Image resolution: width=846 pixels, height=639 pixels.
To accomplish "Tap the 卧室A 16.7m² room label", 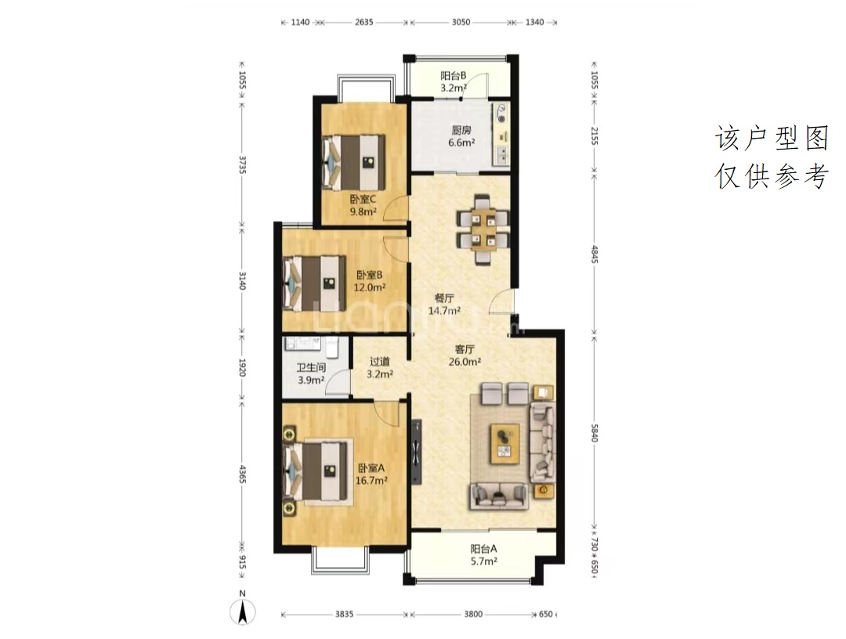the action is click(371, 475).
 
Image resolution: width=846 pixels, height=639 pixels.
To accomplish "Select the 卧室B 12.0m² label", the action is click(370, 281).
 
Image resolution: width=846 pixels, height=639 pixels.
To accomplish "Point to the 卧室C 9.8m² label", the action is click(363, 205).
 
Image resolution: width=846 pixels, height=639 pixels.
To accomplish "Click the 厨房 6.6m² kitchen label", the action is click(461, 136).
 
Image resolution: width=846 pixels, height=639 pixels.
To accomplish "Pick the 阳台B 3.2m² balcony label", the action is click(454, 82).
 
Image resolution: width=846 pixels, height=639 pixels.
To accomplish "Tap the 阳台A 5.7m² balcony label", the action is click(483, 555).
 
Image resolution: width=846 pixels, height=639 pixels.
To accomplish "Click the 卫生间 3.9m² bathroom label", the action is click(311, 374).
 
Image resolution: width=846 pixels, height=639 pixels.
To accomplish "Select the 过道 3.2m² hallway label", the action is click(380, 368).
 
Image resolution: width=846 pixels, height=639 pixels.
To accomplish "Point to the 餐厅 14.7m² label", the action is click(444, 304).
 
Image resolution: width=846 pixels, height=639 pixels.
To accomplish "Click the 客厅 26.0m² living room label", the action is click(465, 356).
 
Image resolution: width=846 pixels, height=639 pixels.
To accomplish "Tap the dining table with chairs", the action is click(483, 229).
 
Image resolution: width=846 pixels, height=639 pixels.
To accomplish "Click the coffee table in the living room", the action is click(505, 443).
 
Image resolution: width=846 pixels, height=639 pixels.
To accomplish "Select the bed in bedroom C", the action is click(353, 162).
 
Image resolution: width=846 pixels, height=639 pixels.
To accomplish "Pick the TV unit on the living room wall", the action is click(417, 452).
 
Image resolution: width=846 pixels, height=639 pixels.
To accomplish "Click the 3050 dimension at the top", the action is click(461, 22).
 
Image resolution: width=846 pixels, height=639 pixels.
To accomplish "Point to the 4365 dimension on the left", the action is click(242, 474).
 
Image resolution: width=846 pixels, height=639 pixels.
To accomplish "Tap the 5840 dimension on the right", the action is click(594, 433).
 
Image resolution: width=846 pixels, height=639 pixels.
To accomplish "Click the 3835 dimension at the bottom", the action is click(344, 614).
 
